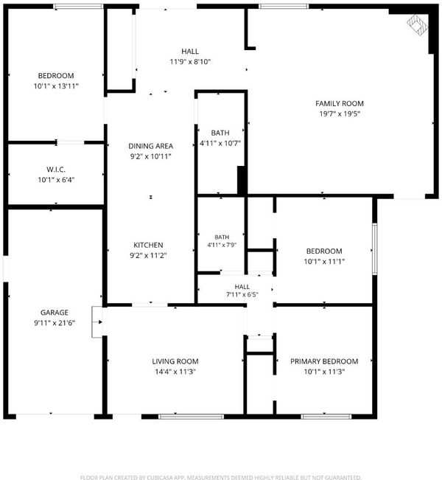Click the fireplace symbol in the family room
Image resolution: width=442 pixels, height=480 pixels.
417,25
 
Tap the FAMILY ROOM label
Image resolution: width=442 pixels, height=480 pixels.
340,103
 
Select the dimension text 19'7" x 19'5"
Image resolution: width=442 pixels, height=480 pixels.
340,114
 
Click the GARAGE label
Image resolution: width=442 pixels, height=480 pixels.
55,313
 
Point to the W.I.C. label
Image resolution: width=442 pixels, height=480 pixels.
56,170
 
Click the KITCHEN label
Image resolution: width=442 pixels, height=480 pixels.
148,245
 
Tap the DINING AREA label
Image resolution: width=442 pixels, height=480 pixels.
150,146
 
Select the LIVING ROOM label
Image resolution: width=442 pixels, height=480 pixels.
175,361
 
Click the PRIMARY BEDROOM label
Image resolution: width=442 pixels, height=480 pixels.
324,361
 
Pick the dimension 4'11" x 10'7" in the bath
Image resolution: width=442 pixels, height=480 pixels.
220,143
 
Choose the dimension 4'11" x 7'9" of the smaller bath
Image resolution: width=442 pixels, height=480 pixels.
222,245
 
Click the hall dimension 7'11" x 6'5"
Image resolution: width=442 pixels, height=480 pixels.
242,294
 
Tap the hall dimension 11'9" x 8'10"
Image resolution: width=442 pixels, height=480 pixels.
190,61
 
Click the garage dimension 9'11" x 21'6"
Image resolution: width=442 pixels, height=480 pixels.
55,323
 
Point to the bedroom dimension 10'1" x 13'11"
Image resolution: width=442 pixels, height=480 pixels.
56,86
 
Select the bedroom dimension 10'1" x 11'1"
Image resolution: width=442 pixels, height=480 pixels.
324,262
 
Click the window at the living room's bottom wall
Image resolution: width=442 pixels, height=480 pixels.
192,417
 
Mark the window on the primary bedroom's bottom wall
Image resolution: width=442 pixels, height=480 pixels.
326,417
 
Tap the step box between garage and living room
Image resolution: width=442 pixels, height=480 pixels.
97,322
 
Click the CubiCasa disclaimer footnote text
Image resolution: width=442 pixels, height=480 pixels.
220,477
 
